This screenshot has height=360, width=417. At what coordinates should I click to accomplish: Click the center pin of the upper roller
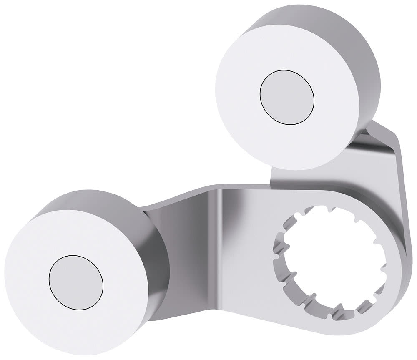click(x=286, y=97)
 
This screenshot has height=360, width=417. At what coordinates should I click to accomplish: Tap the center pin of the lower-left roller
click(x=75, y=282)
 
